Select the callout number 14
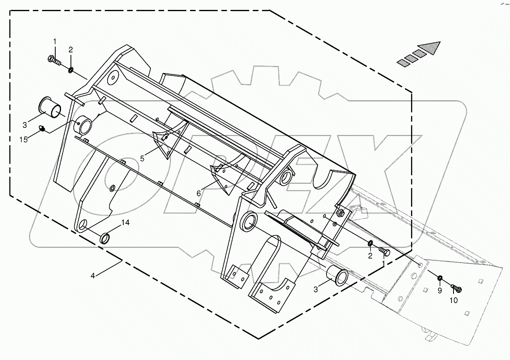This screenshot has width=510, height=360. tap(125, 223)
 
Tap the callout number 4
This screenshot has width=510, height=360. tap(93, 275)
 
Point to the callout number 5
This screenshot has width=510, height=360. tap(142, 158)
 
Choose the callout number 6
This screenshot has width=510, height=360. tap(199, 193)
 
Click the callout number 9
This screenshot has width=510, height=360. tap(439, 290)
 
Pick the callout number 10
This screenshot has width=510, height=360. tap(453, 300)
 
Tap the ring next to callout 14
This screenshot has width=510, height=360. tap(106, 238)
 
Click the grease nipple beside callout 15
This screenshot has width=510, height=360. tap(42, 129)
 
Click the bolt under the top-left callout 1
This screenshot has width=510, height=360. tap(53, 60)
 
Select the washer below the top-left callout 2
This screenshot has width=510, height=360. tap(71, 70)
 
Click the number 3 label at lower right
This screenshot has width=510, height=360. tap(316, 289)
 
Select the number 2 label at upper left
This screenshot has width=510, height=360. tap(71, 49)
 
